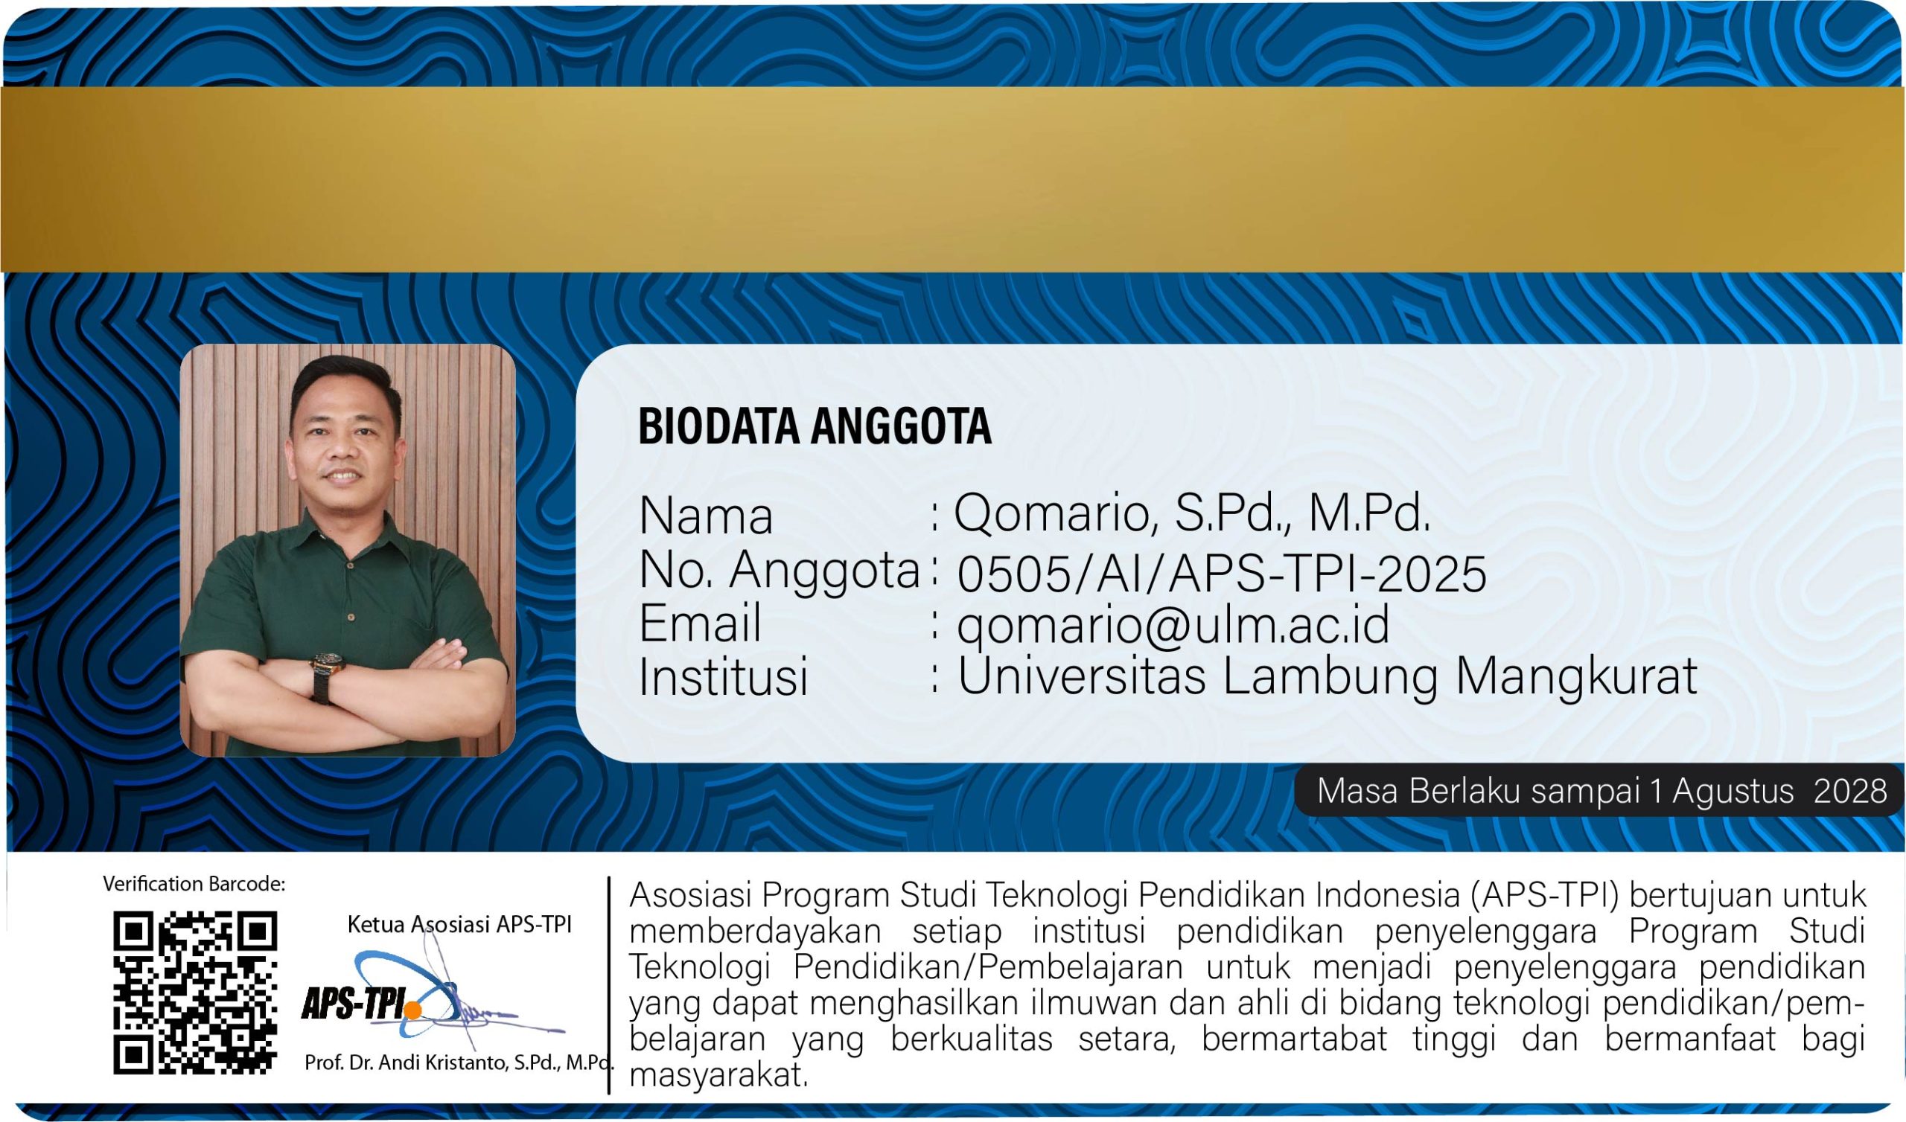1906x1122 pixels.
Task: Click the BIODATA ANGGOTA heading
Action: click(815, 426)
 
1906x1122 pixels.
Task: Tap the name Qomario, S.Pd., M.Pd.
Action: click(1192, 514)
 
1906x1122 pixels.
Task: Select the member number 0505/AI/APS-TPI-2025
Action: click(1222, 574)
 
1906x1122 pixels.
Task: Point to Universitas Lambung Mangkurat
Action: click(1327, 676)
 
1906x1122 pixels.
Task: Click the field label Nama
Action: click(706, 516)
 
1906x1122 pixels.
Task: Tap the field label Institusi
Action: click(724, 676)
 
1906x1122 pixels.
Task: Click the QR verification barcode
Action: click(195, 993)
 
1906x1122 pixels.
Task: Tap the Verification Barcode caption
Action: click(194, 884)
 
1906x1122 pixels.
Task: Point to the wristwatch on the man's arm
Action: click(328, 664)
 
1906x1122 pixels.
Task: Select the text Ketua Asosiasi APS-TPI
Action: click(459, 925)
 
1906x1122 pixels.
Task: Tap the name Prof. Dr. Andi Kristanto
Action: click(409, 1062)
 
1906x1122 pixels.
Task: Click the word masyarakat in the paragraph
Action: click(718, 1075)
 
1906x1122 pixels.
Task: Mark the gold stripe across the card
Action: click(953, 179)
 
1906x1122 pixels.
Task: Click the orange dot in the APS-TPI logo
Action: click(412, 1010)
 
